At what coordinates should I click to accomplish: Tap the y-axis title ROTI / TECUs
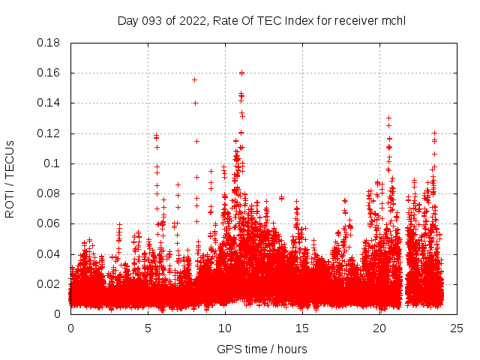(x=10, y=178)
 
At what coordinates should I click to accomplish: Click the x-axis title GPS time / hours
(x=262, y=349)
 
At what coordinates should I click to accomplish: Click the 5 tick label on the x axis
(x=148, y=328)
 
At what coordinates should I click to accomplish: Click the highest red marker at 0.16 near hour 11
(x=241, y=73)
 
